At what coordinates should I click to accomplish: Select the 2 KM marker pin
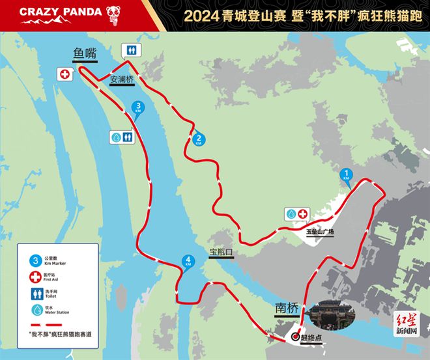198,139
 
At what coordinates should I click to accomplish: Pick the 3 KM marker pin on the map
137,108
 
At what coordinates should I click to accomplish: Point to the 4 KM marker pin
188,262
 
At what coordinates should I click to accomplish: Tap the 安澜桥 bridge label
121,80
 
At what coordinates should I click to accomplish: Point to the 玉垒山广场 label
320,231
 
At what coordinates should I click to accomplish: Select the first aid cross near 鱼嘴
64,74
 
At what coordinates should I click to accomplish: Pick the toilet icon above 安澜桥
132,50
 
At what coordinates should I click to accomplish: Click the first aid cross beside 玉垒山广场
304,214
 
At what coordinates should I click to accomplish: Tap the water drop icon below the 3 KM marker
115,137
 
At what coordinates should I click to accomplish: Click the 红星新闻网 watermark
407,324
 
